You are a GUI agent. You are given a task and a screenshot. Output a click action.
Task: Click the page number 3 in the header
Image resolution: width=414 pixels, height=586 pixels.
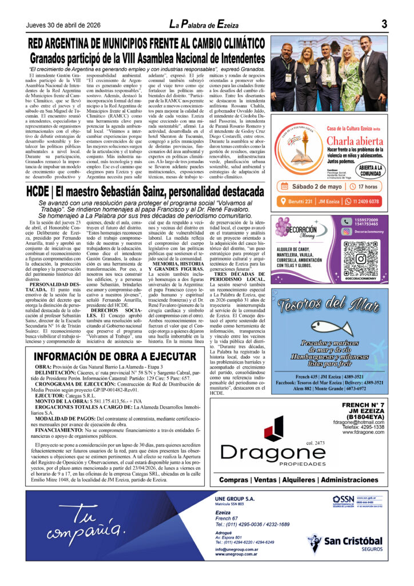pos(384,24)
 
